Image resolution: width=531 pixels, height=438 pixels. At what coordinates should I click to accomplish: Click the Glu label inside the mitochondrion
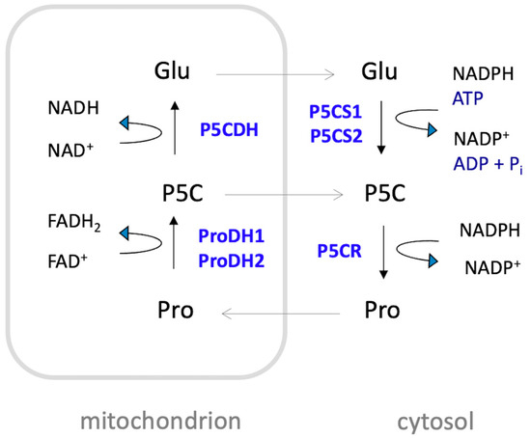click(174, 70)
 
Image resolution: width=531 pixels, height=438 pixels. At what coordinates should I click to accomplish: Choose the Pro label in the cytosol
click(382, 312)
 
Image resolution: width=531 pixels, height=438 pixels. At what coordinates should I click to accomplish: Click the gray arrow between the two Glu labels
click(275, 70)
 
